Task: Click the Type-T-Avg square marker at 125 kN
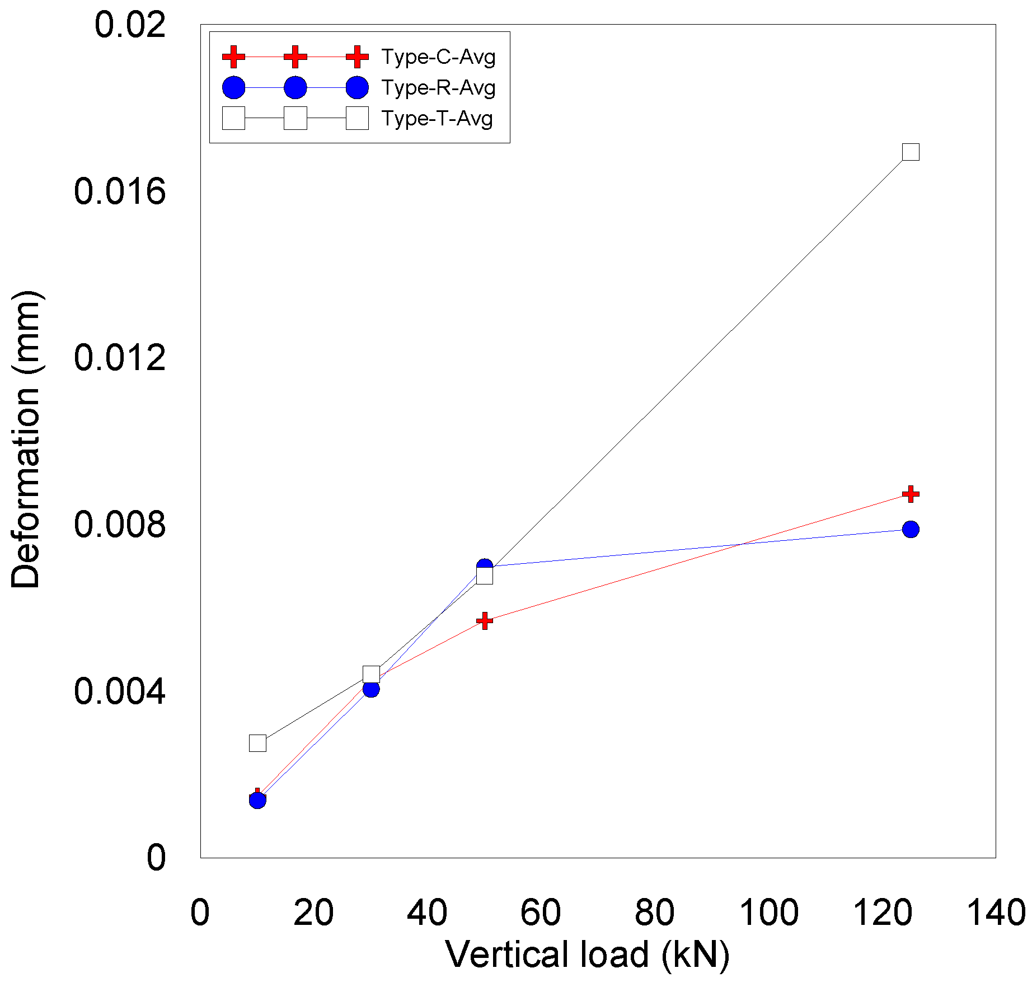(x=911, y=152)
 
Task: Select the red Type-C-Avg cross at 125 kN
(x=911, y=494)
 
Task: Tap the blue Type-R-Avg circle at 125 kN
(x=911, y=529)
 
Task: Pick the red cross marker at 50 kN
(x=485, y=620)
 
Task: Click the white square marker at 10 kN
(x=257, y=743)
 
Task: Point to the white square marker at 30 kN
(x=371, y=674)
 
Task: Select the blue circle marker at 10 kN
(x=257, y=800)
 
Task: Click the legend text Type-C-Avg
(x=438, y=57)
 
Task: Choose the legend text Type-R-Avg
(x=438, y=88)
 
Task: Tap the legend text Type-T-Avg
(x=437, y=119)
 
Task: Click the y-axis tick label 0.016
(x=120, y=191)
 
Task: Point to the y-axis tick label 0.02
(x=130, y=25)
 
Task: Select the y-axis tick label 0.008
(x=120, y=525)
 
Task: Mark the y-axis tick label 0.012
(x=120, y=358)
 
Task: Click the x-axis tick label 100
(x=768, y=913)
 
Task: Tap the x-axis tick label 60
(x=540, y=913)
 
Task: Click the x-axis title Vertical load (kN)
(x=588, y=955)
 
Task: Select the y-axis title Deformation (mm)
(x=26, y=439)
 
